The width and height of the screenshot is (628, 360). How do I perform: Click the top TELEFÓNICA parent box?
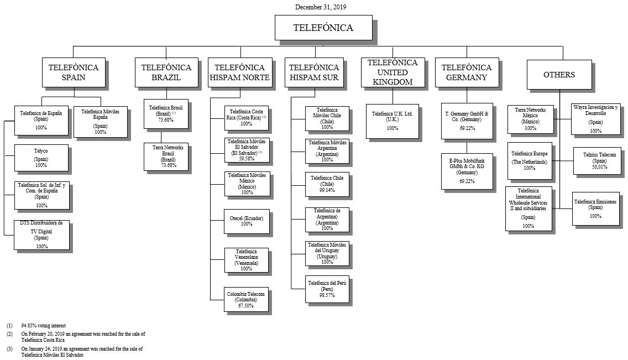[323, 28]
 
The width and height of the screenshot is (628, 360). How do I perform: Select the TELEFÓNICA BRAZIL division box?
[166, 72]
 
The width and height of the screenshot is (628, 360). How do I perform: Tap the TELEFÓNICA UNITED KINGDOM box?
[393, 72]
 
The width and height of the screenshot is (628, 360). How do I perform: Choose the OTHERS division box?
[559, 75]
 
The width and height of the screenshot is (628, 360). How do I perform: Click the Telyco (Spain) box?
[42, 158]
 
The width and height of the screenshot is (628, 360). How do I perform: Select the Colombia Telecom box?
[247, 300]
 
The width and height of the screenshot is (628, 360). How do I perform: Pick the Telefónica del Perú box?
[327, 289]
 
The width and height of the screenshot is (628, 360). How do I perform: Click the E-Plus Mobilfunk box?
[467, 171]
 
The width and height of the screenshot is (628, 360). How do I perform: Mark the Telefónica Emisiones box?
[595, 208]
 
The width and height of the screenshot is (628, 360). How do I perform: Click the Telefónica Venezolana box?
[247, 260]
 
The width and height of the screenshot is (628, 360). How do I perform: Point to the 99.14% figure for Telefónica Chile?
[327, 190]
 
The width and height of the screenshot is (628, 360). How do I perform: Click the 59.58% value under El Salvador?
[247, 158]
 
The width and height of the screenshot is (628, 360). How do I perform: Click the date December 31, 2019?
[321, 7]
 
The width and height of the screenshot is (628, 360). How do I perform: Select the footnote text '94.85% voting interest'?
[44, 326]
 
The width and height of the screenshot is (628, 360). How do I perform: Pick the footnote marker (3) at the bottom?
[9, 349]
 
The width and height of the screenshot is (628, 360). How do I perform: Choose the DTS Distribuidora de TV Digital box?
[42, 234]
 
